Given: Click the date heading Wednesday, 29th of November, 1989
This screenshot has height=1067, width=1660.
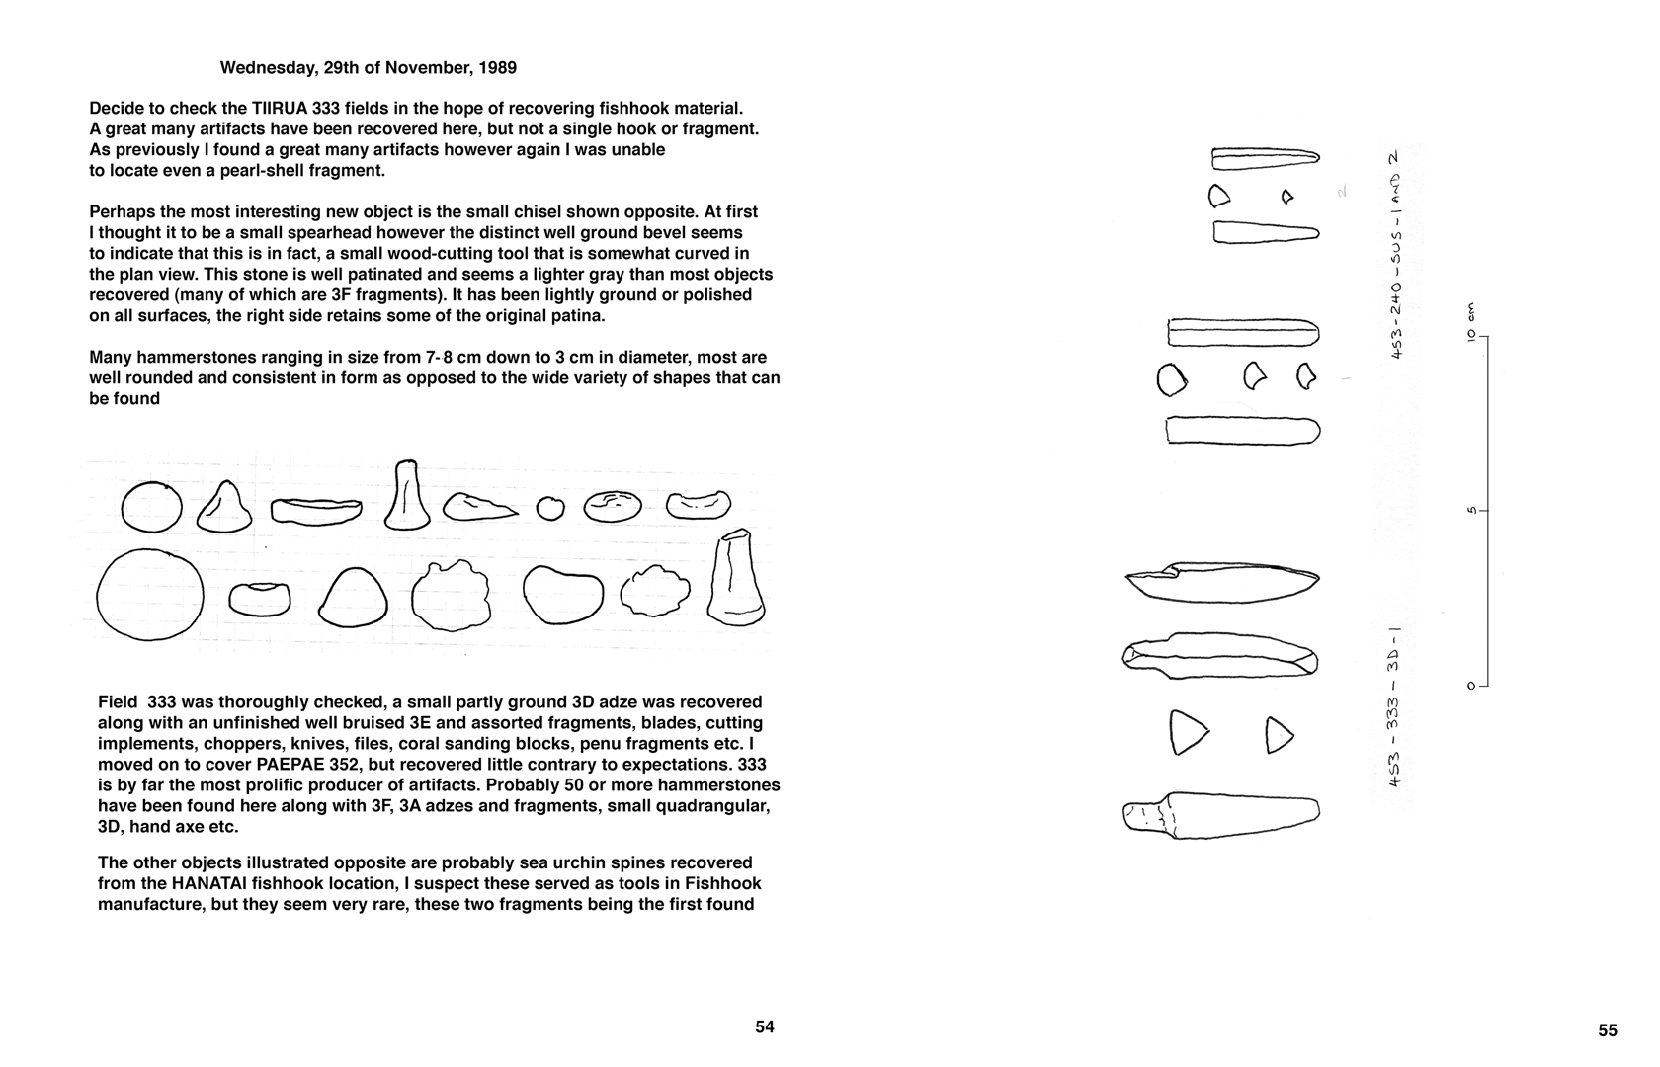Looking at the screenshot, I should tap(368, 68).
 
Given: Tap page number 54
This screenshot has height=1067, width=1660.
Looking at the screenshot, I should tap(765, 1026).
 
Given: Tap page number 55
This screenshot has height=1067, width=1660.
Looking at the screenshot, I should tap(1608, 1030).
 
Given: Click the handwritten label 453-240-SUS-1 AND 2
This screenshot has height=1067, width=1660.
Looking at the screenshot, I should tap(1395, 255).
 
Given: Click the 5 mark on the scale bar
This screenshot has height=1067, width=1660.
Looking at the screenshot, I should tap(1471, 511).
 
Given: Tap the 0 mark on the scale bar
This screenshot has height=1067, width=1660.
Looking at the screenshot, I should tap(1471, 685).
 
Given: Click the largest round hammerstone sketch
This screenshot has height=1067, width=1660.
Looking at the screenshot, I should tap(150, 596).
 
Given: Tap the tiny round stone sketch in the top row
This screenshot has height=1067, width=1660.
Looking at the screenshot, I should tap(550, 508).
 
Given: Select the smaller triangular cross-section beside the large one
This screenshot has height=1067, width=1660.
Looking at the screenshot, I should tap(1280, 734).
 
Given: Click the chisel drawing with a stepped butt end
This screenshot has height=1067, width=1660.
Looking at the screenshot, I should tap(1221, 815).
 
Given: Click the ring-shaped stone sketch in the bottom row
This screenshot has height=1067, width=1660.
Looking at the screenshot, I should tap(259, 598).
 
